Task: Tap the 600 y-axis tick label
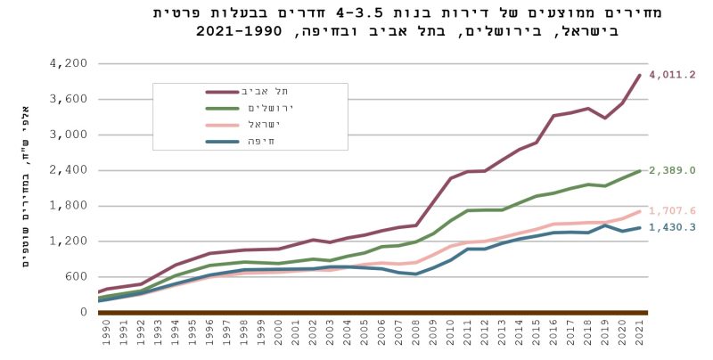pos(75,276)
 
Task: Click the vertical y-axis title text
pos(25,188)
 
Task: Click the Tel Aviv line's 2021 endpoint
pos(641,75)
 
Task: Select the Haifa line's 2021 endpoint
pos(641,227)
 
